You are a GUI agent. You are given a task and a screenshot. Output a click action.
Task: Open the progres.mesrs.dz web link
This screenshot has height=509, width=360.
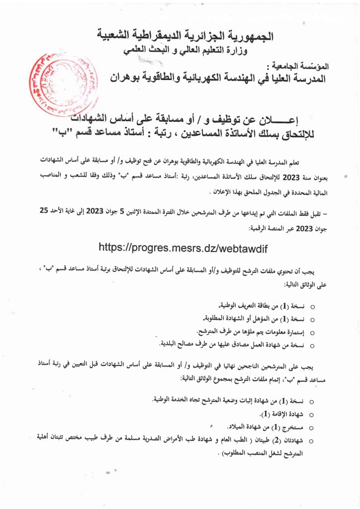pos(180,247)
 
